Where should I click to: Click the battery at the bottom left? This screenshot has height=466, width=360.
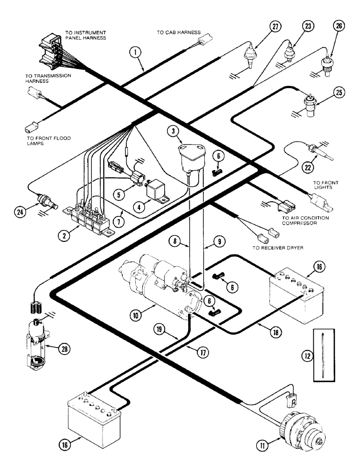[x=95, y=415]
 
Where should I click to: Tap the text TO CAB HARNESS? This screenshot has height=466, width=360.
[x=178, y=33]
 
